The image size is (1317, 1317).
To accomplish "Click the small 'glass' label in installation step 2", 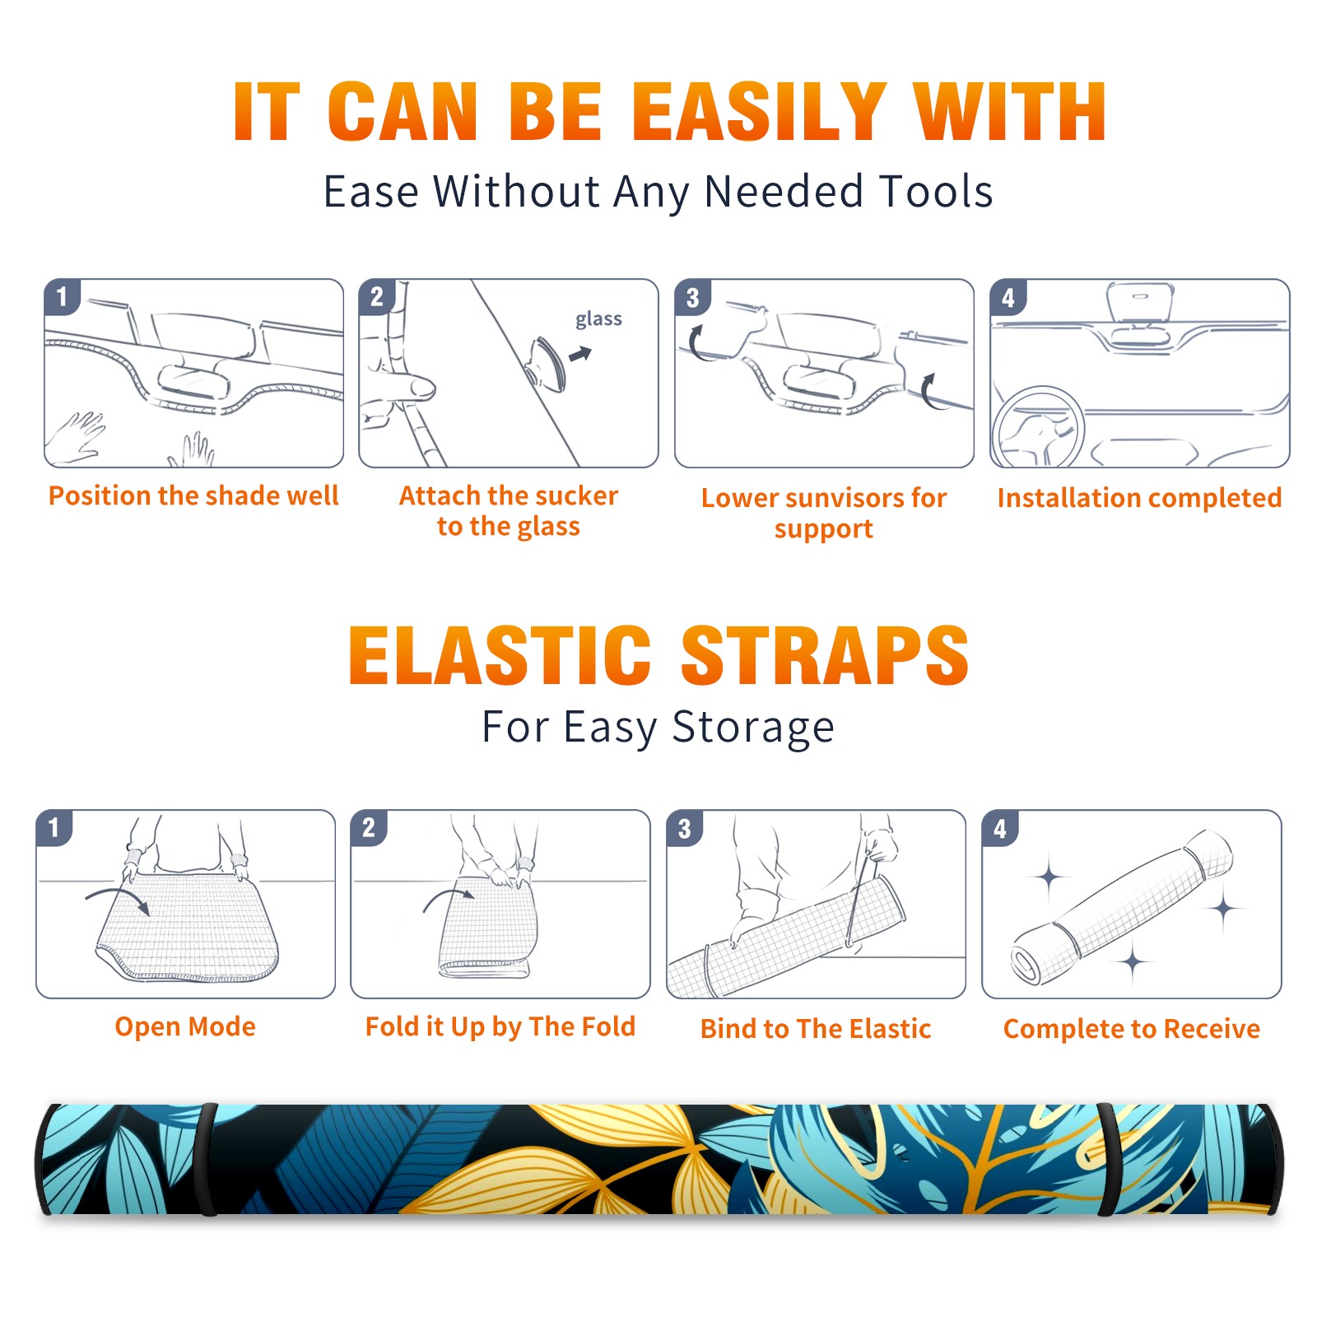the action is (x=598, y=319).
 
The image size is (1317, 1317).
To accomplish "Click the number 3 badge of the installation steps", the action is (x=693, y=297).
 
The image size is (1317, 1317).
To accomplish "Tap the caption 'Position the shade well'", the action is (x=193, y=496).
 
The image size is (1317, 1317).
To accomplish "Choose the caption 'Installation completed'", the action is (x=1139, y=497).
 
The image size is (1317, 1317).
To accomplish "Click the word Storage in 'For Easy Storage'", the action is (x=753, y=728).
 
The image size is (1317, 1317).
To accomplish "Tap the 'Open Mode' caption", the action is (x=185, y=1026).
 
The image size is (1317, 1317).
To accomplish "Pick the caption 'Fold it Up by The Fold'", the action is (x=500, y=1026).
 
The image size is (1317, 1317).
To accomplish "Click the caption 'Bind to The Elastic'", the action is (x=816, y=1028).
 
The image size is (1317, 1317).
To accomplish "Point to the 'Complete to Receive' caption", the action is (x=1132, y=1028).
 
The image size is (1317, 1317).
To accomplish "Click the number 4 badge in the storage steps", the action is (x=1000, y=828).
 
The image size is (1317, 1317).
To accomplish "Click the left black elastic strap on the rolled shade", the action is (x=207, y=1160).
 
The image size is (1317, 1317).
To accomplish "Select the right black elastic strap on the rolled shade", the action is (x=1110, y=1160).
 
